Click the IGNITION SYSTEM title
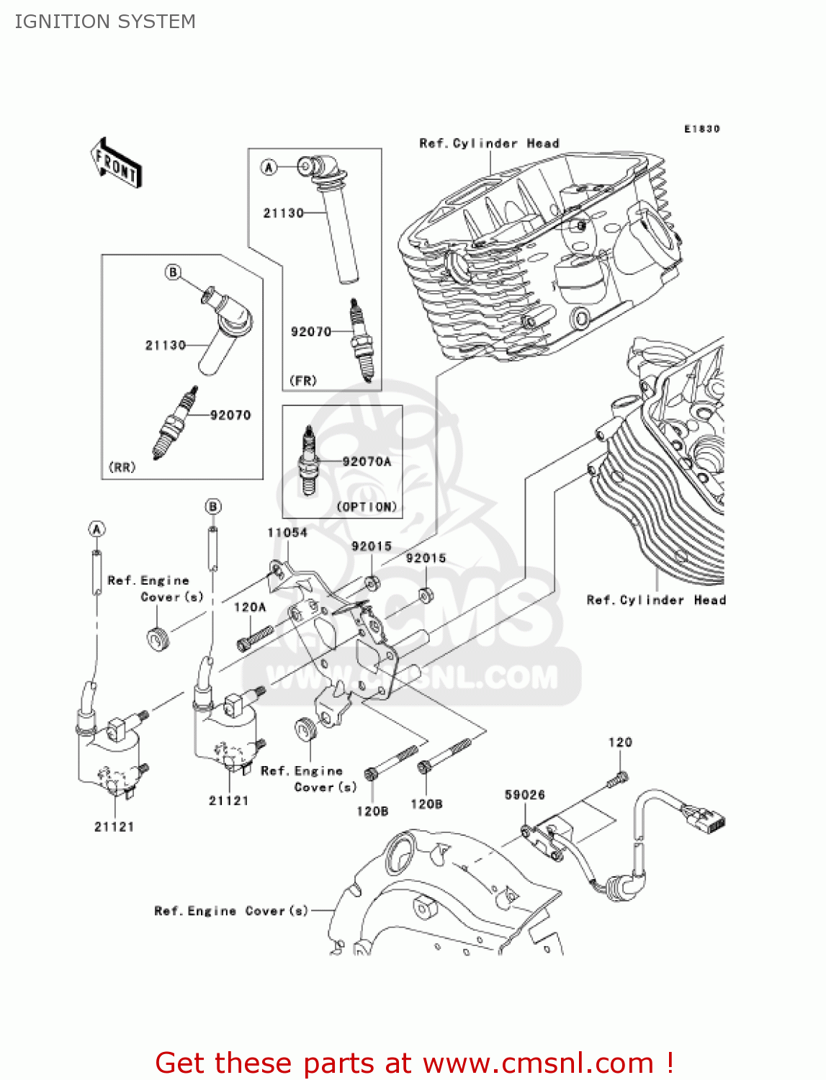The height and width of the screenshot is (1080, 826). point(105,22)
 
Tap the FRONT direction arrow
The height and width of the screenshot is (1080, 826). point(116,163)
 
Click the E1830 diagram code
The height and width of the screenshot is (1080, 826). point(701,129)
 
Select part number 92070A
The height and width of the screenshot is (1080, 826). point(367,462)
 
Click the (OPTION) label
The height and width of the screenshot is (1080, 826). point(367,507)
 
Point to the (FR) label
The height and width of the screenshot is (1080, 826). point(302,380)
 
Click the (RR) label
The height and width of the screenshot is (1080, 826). point(122,467)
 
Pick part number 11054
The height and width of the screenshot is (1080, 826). point(287,533)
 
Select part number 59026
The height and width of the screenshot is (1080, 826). point(524,795)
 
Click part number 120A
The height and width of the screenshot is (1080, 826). point(249,608)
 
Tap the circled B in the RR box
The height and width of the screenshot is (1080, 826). point(173,272)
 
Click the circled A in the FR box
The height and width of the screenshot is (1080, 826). point(269,168)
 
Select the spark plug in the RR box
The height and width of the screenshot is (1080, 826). point(175,424)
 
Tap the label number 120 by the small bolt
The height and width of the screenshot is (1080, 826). point(620,742)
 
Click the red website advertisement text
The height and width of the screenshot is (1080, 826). point(414,1063)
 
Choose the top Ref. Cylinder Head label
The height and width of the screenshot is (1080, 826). point(489,143)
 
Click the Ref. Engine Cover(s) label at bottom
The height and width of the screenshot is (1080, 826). point(231,911)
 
